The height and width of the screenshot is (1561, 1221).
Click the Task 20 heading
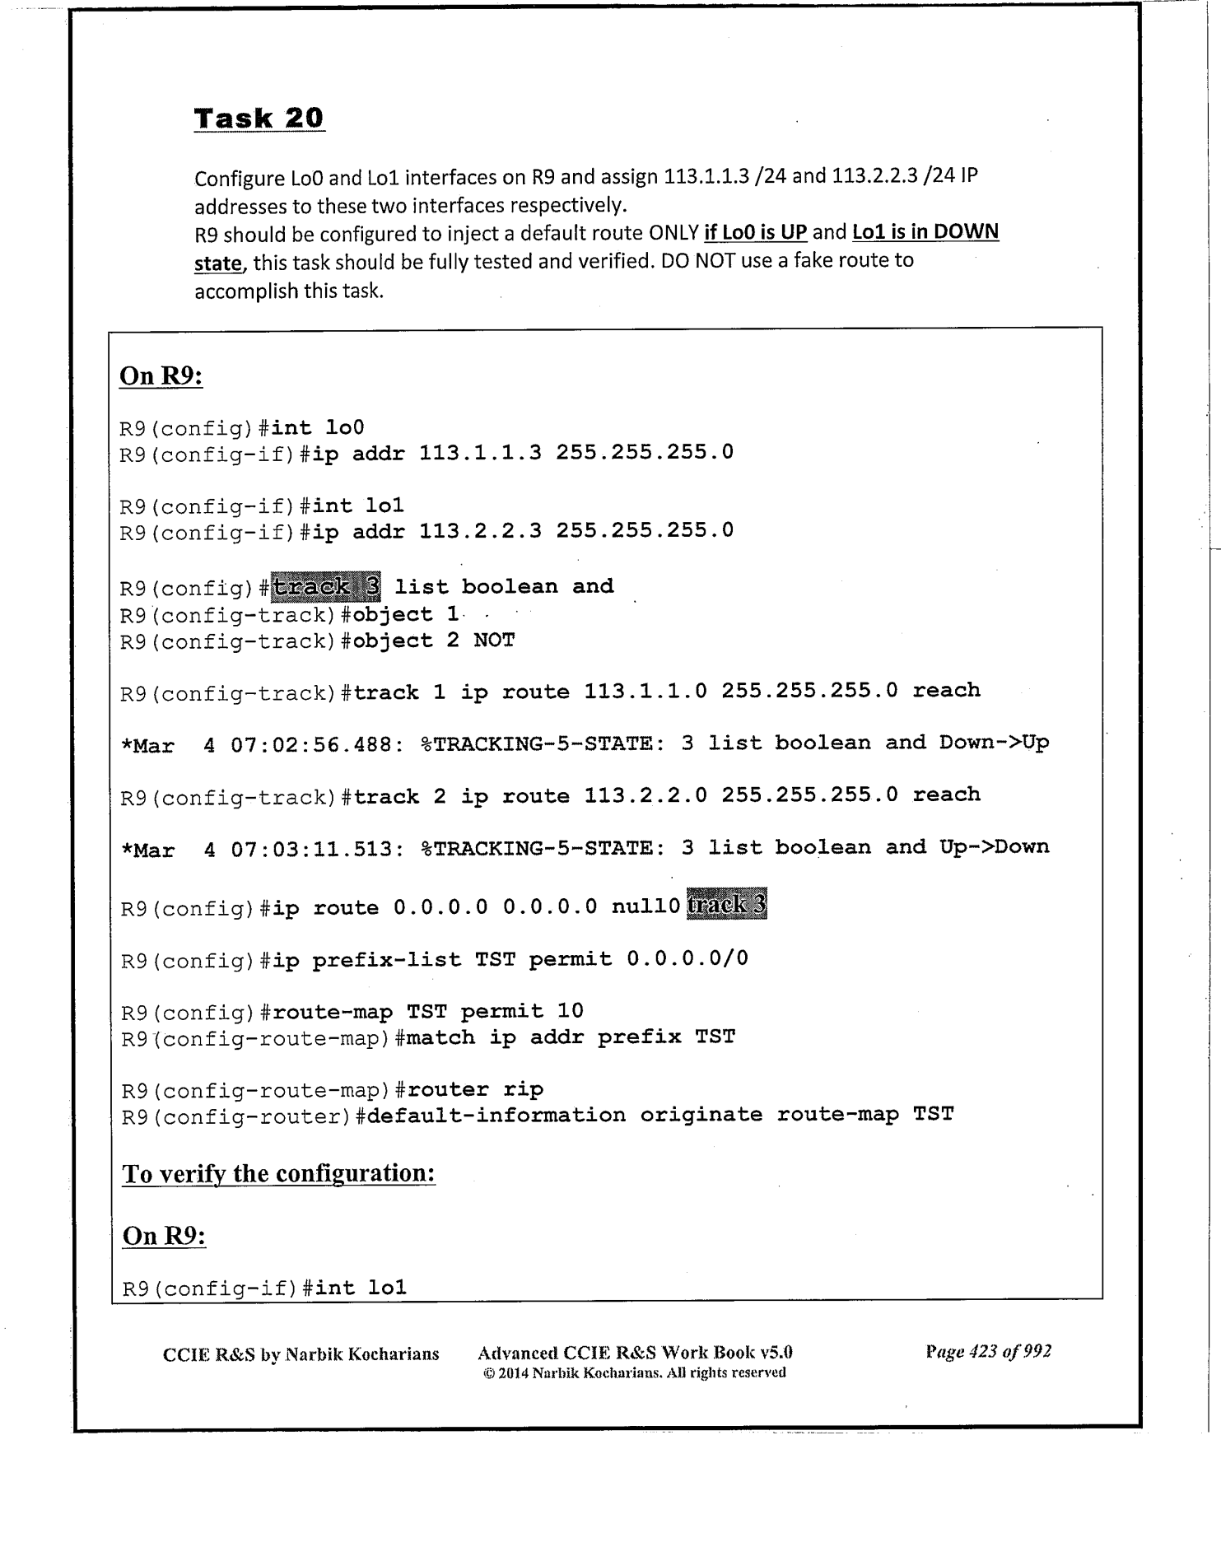tap(259, 119)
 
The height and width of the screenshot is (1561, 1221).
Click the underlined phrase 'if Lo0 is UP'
tap(755, 232)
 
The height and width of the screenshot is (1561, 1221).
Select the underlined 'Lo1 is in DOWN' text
tap(925, 232)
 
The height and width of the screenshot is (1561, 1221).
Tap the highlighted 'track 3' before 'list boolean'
tap(326, 587)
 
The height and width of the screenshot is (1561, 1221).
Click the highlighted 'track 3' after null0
tap(726, 906)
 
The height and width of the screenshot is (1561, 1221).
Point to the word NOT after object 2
tap(494, 641)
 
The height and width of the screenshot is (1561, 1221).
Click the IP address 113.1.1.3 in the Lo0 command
tap(480, 453)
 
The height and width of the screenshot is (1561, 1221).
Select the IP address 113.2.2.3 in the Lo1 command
tap(480, 531)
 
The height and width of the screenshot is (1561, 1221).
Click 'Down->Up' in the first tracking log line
tap(994, 743)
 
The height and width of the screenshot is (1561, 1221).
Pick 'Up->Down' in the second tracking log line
tap(994, 847)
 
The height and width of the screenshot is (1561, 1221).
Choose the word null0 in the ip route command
tap(645, 907)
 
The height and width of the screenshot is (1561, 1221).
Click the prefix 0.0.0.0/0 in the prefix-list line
tap(687, 959)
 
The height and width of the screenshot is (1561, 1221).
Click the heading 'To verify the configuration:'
tap(278, 1173)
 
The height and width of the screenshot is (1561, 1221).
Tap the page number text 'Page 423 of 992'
tap(988, 1352)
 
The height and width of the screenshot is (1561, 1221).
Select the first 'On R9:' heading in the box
tap(161, 376)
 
